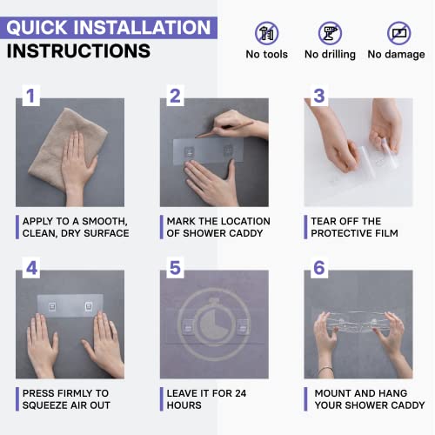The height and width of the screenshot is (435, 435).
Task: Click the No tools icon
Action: (267, 33)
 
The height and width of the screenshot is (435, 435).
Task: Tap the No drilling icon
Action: (330, 33)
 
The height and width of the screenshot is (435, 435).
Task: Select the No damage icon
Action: (399, 33)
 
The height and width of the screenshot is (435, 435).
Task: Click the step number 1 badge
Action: (31, 96)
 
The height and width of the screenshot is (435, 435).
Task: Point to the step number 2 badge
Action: (175, 96)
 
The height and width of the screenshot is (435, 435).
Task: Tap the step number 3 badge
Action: (319, 96)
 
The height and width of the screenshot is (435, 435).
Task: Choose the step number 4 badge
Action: (31, 268)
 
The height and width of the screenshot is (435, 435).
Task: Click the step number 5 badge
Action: (175, 268)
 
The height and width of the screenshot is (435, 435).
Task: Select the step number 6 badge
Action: (319, 268)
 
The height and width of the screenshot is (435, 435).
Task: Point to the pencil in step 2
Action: (224, 129)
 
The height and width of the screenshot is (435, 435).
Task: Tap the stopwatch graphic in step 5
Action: (214, 324)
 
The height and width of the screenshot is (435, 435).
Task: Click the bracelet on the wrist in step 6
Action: (325, 370)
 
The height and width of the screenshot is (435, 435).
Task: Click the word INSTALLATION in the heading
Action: (142, 28)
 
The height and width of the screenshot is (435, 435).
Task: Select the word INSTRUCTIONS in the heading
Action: (78, 51)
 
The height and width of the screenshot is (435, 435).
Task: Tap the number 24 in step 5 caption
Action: (241, 393)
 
